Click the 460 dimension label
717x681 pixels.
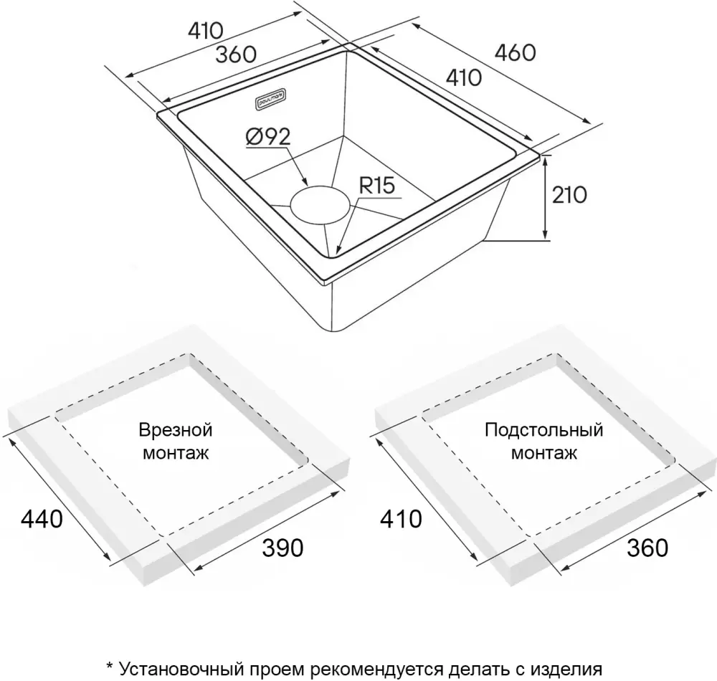[x=516, y=53]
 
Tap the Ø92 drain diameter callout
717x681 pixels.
[x=268, y=136]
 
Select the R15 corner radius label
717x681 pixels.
[x=377, y=186]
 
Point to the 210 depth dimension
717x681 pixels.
[x=569, y=195]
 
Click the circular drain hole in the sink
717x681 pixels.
[x=321, y=205]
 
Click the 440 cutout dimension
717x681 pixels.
[x=42, y=519]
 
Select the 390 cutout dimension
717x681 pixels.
[x=282, y=548]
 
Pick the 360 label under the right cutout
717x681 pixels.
[x=647, y=548]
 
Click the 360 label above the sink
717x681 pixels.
[x=236, y=55]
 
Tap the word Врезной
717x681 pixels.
[x=176, y=430]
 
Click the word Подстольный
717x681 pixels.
[x=544, y=430]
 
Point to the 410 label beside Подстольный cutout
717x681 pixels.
[x=401, y=519]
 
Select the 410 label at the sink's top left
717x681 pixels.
[x=206, y=31]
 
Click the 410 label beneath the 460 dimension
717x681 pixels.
[x=464, y=77]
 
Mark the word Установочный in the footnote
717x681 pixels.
[x=181, y=670]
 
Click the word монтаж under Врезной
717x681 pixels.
[x=176, y=453]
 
